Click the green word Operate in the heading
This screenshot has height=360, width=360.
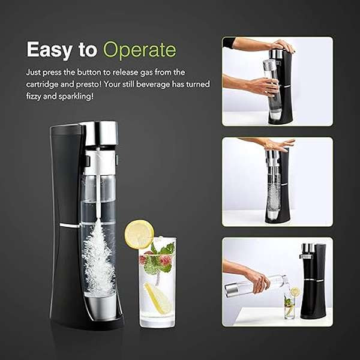pyautogui.click(x=140, y=50)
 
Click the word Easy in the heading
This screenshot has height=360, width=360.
pyautogui.click(x=49, y=50)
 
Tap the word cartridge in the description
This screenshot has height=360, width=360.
pyautogui.click(x=42, y=85)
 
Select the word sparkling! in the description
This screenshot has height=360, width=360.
pyautogui.click(x=76, y=97)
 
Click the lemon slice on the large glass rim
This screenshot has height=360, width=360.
pyautogui.click(x=139, y=235)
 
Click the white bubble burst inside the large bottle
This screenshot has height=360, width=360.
pyautogui.click(x=99, y=258)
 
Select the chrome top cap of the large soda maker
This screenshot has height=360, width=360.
pyautogui.click(x=100, y=133)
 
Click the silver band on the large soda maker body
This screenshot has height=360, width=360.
pyautogui.click(x=70, y=226)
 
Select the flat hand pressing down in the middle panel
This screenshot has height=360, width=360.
pyautogui.click(x=280, y=145)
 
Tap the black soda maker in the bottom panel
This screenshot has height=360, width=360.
pyautogui.click(x=313, y=281)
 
